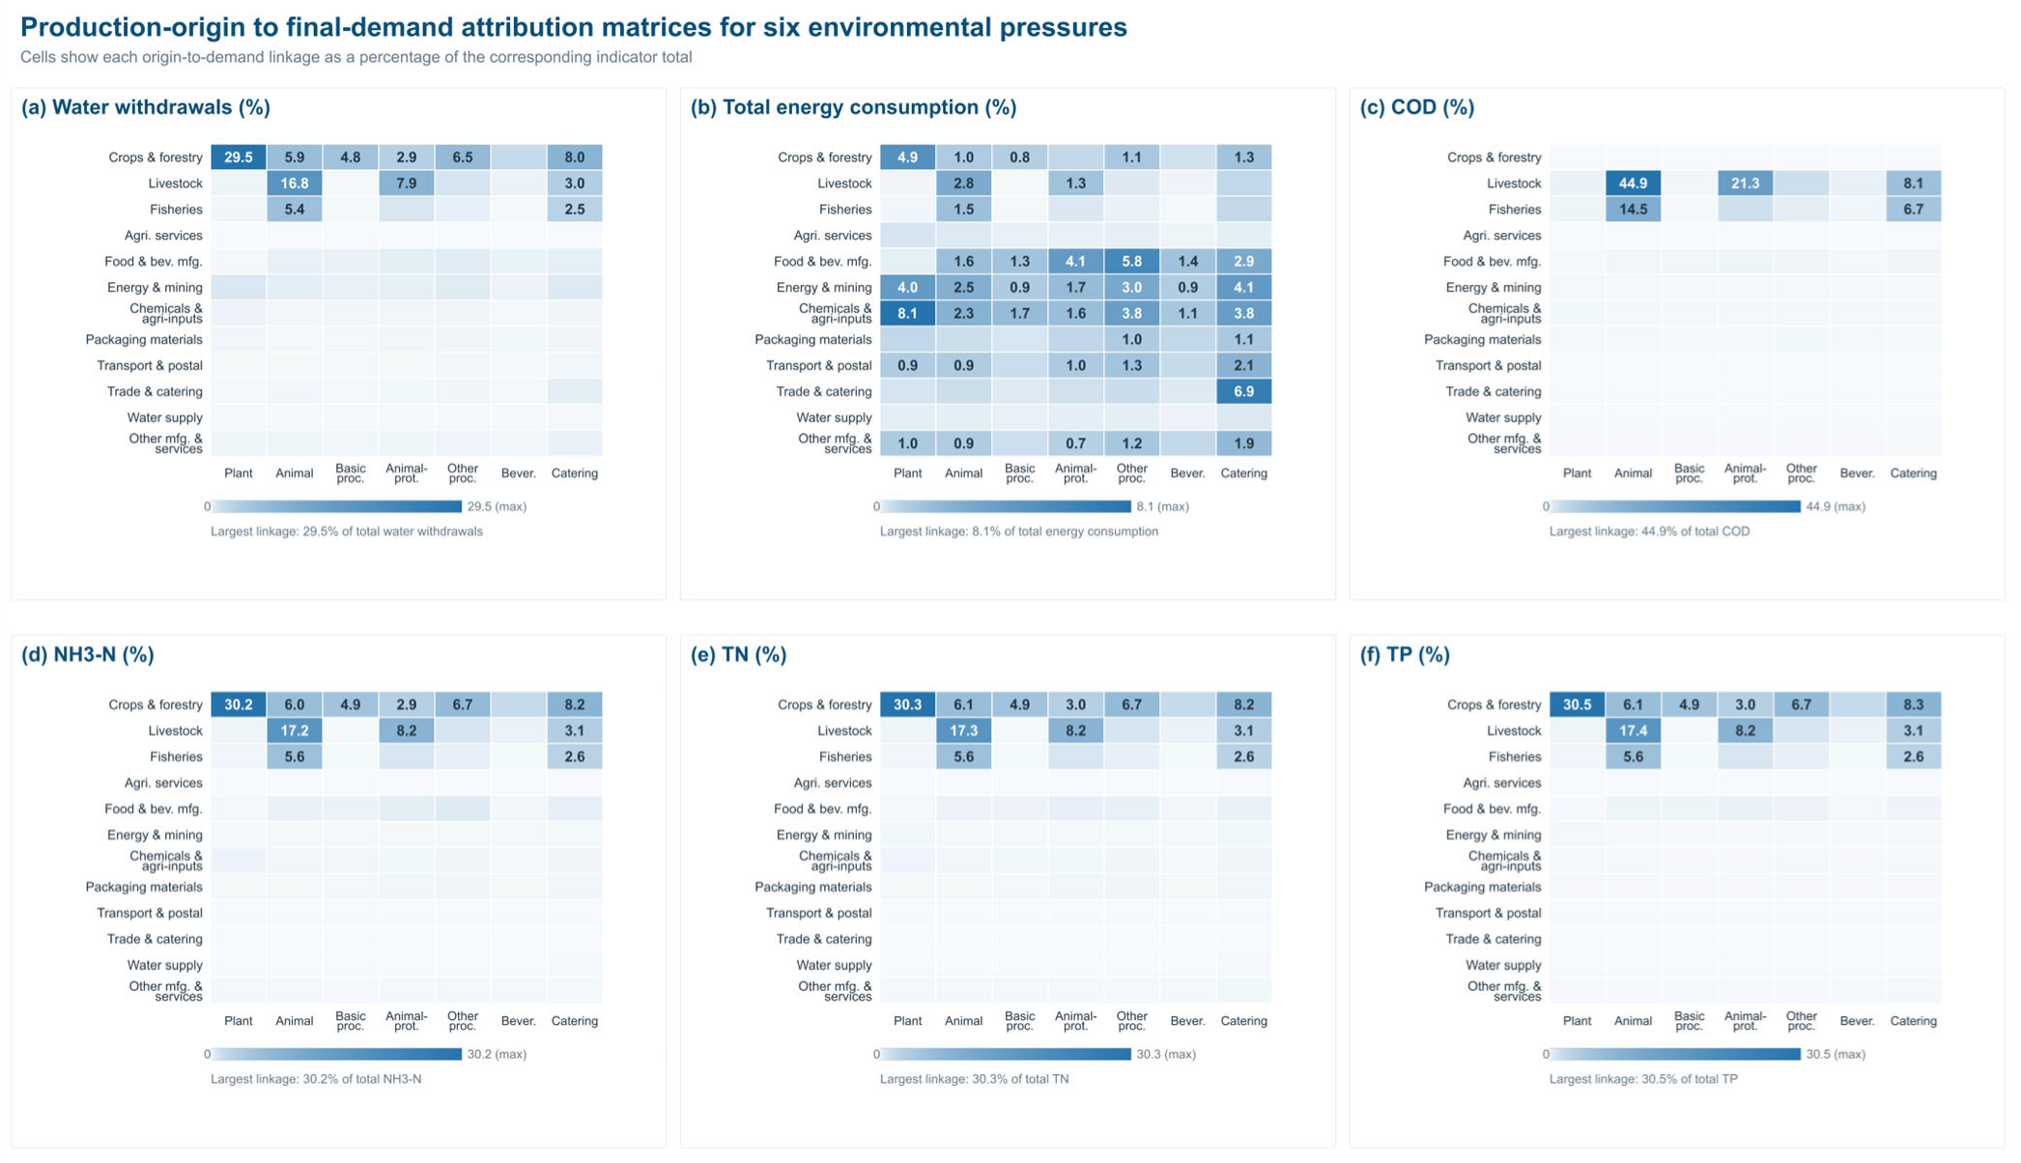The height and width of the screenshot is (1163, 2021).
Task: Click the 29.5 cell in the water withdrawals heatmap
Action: point(239,156)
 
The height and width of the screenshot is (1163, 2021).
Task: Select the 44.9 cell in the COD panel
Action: point(1633,183)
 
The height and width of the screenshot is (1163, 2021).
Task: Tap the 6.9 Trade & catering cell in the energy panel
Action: point(1243,391)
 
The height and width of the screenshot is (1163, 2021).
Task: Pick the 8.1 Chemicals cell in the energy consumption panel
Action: point(907,313)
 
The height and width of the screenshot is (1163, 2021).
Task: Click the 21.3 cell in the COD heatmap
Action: point(1745,183)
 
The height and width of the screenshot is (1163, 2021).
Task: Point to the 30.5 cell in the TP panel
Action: point(1577,704)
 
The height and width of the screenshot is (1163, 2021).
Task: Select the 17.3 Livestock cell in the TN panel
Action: point(963,730)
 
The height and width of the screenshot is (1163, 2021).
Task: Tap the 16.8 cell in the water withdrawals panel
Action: point(295,183)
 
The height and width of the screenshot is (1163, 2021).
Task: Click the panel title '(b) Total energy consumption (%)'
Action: point(853,107)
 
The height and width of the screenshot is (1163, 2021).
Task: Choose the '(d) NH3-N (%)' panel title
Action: point(88,655)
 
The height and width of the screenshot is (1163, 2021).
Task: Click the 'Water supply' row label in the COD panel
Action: point(1503,417)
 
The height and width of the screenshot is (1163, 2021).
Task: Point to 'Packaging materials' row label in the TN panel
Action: point(812,887)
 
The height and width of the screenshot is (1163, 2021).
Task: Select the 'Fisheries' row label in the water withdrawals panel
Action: point(176,209)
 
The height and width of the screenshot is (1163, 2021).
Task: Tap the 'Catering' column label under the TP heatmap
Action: point(1913,1020)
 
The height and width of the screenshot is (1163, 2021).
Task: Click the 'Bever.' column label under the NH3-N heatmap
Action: point(519,1020)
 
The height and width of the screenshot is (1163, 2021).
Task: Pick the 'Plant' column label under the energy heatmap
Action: point(907,473)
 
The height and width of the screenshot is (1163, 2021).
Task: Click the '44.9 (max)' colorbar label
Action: point(1836,506)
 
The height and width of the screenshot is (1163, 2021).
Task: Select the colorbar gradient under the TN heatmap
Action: point(1005,1054)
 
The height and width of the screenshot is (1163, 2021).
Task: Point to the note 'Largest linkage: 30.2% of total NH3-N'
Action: point(316,1079)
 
